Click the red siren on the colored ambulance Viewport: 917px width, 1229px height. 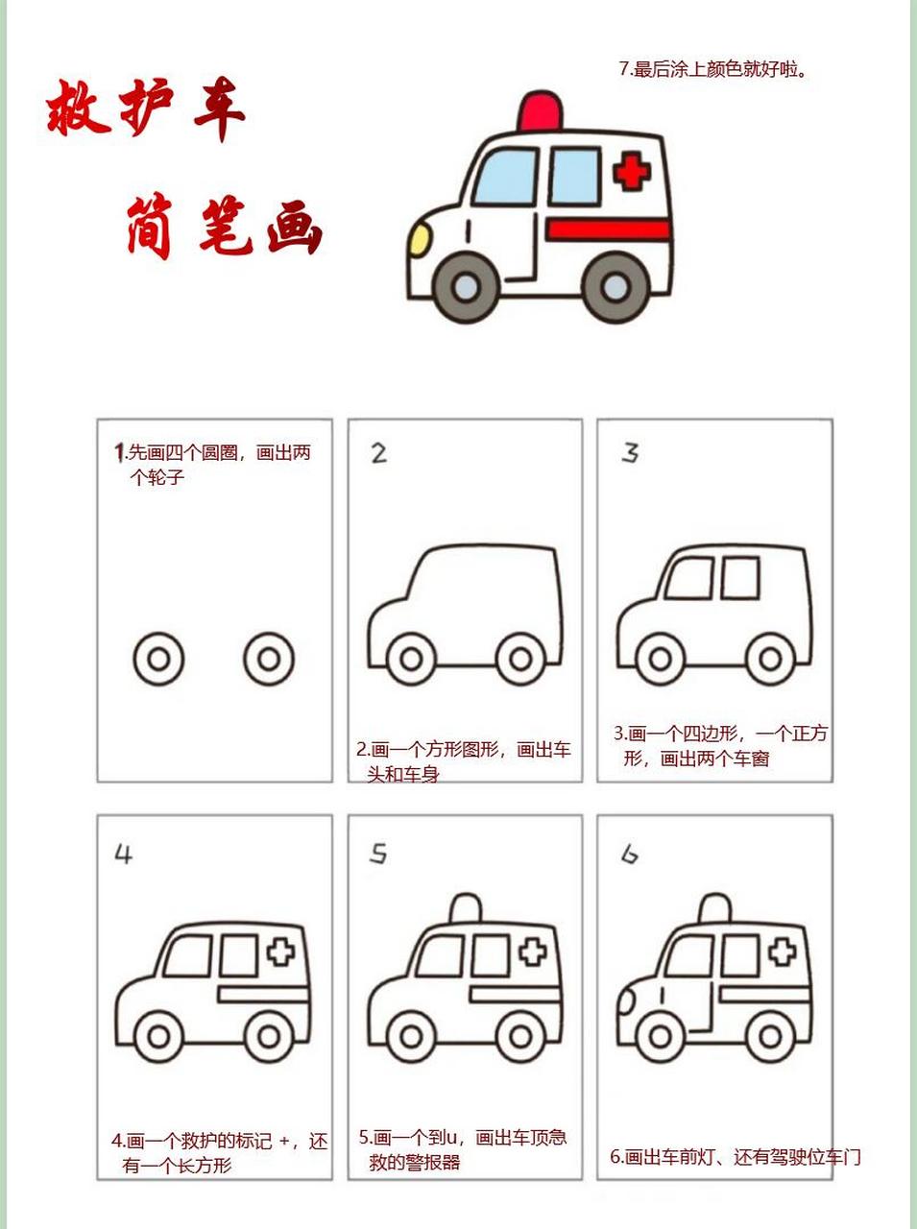[540, 112]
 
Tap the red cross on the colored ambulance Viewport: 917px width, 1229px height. [631, 173]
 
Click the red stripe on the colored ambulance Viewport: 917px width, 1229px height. [607, 229]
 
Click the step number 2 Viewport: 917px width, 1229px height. [379, 452]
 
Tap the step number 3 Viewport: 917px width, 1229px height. [630, 452]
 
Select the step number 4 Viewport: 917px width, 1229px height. [123, 854]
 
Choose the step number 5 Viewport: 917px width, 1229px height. [379, 854]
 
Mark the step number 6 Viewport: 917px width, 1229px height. [630, 854]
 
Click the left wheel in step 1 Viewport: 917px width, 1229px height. [158, 660]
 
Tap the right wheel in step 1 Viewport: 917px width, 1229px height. [269, 660]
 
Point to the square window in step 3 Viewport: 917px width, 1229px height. [740, 577]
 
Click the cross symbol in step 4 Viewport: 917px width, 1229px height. [280, 952]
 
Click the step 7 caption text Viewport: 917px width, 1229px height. [712, 69]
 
